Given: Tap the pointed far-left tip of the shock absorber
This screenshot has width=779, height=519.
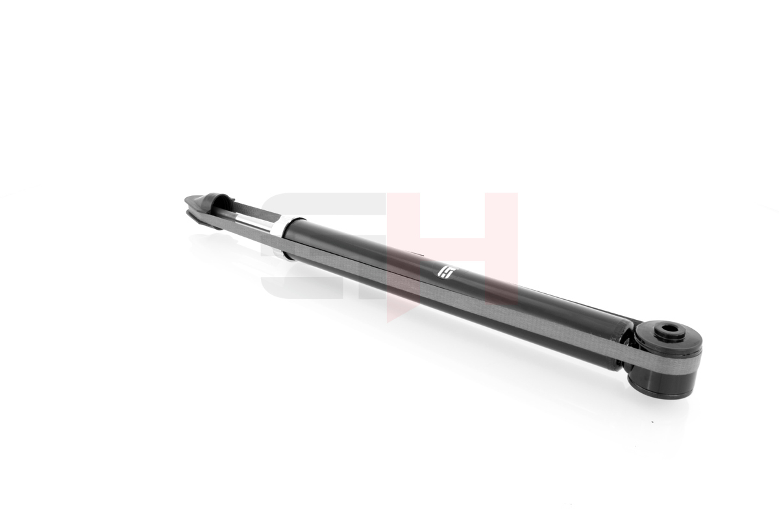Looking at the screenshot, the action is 186,199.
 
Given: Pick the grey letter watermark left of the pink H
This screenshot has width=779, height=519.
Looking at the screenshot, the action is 323,245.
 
